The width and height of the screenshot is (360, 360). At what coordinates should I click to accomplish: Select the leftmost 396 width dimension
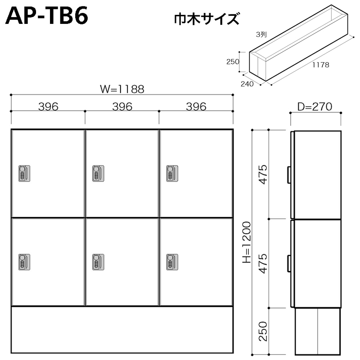pos(48,107)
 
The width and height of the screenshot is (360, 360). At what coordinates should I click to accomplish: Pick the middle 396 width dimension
pos(122,107)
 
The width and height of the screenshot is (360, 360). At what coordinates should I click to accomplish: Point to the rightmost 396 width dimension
pos(196,107)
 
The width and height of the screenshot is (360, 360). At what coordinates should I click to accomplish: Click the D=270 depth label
pos(315,107)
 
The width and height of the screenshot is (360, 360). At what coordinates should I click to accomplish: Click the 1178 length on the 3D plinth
pos(320,65)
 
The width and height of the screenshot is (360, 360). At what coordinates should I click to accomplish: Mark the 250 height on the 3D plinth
pos(232,62)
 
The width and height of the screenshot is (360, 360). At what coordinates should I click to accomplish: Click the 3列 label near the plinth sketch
pos(261,34)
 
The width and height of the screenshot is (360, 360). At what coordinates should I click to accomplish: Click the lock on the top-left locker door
pos(24,173)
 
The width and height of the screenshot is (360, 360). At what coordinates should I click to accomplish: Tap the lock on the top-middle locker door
pos(98,173)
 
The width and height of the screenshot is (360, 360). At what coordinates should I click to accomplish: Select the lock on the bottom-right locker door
pos(172,261)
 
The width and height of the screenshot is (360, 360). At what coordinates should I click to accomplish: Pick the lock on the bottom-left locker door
pos(24,261)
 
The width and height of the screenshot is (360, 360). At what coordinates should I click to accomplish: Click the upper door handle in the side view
pos(288,174)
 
